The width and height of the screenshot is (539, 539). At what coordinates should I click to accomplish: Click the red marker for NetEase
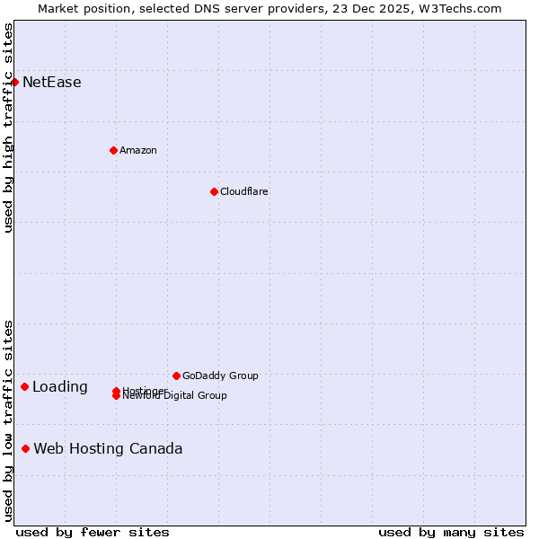[x=14, y=83]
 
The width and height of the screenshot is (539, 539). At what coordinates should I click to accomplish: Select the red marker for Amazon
[x=113, y=150]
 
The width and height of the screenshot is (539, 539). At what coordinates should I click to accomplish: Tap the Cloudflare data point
[x=214, y=191]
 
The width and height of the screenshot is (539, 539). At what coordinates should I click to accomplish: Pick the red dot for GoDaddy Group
[x=176, y=376]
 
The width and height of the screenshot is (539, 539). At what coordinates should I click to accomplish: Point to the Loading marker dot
[x=24, y=387]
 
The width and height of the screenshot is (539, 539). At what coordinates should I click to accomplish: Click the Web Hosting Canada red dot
[x=26, y=448]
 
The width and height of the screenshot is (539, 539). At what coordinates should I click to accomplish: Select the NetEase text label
[x=52, y=83]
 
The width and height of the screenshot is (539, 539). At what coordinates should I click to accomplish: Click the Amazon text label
[x=137, y=150]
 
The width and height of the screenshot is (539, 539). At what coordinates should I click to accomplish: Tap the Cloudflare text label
[x=243, y=191]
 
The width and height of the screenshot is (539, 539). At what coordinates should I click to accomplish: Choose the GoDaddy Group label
[x=219, y=376]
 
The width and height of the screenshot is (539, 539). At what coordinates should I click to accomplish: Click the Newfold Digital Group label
[x=174, y=396]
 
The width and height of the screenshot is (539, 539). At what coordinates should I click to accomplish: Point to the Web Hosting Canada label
[x=108, y=448]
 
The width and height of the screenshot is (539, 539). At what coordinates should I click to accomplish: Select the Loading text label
[x=60, y=387]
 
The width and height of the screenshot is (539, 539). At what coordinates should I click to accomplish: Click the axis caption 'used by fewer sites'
[x=93, y=533]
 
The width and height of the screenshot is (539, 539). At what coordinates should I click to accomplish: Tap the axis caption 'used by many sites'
[x=451, y=533]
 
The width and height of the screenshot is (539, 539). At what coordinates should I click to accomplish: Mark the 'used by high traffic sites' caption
[x=8, y=128]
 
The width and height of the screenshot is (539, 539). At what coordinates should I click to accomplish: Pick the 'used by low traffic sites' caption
[x=8, y=420]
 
